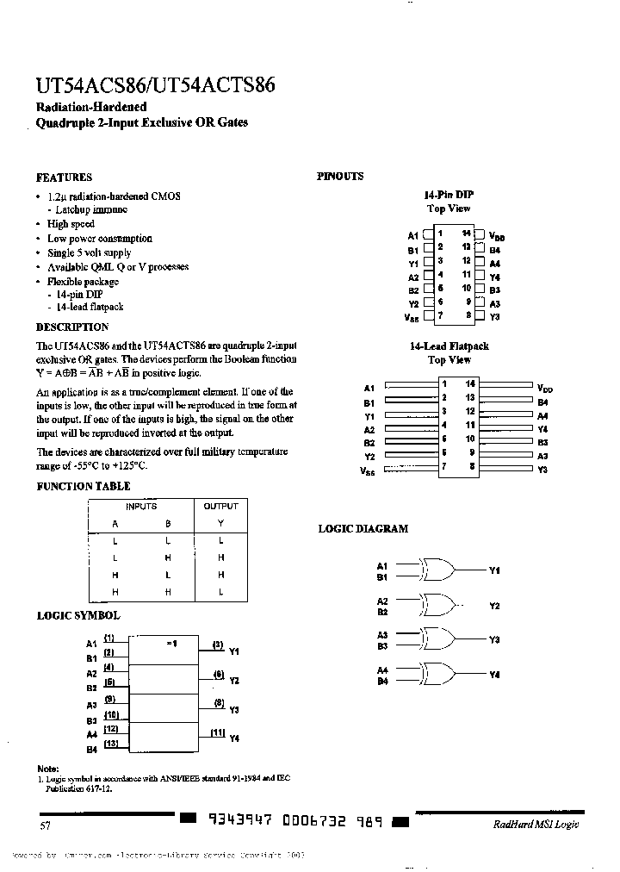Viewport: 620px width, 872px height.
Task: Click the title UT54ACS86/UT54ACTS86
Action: click(155, 87)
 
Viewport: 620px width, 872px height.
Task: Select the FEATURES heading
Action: click(64, 178)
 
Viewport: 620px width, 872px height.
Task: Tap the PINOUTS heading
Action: click(340, 177)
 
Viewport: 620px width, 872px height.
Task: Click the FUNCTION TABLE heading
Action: click(77, 486)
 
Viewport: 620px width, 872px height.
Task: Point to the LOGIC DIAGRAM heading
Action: click(363, 528)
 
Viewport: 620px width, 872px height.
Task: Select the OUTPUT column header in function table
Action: click(220, 507)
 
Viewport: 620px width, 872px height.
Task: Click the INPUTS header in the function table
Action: click(141, 507)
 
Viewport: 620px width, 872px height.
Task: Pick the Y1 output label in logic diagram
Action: click(494, 570)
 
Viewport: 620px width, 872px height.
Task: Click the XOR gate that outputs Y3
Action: click(437, 638)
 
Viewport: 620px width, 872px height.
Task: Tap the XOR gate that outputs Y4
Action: click(437, 674)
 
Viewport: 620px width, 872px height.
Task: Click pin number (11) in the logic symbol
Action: click(218, 732)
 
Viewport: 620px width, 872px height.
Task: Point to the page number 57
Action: click(46, 825)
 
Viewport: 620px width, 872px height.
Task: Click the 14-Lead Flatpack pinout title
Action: click(449, 346)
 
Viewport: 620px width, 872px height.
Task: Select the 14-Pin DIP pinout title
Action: click(449, 195)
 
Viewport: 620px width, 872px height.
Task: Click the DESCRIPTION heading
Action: click(72, 327)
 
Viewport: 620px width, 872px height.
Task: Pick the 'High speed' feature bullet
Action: click(71, 224)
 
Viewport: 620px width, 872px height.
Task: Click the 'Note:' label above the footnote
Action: click(48, 769)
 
